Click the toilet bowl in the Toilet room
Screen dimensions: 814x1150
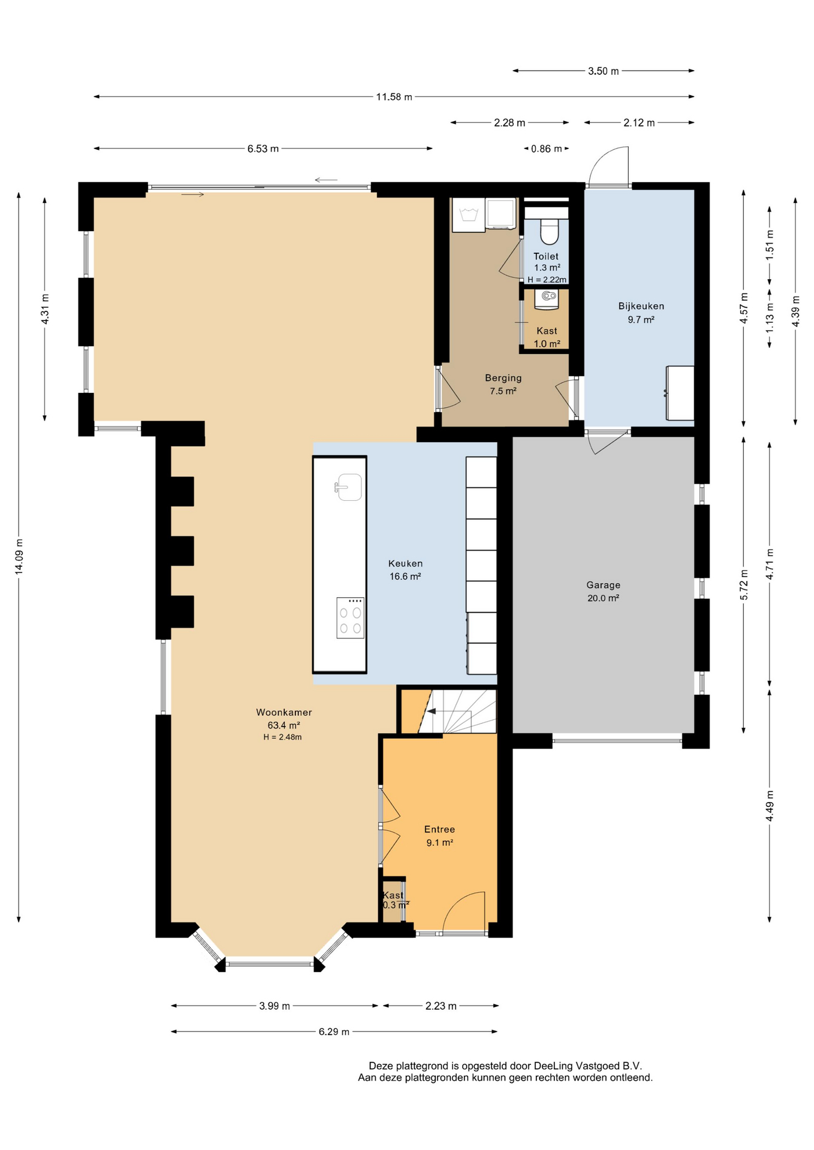[550, 232]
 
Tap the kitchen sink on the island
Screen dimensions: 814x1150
[348, 487]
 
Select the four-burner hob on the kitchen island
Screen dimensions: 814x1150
[351, 618]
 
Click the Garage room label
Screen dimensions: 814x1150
[603, 585]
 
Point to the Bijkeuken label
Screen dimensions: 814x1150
[641, 306]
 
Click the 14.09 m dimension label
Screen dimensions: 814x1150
[19, 555]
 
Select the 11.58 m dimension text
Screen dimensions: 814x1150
[394, 97]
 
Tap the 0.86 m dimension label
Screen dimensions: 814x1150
[547, 149]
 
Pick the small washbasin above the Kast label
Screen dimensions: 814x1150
[547, 299]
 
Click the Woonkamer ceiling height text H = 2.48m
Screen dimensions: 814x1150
[282, 737]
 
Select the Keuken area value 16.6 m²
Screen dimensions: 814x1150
[405, 577]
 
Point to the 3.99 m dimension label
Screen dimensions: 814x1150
[275, 1006]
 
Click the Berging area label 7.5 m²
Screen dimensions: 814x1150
[503, 391]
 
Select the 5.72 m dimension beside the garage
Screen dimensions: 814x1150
[744, 585]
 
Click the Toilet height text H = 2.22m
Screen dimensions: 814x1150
[547, 280]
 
